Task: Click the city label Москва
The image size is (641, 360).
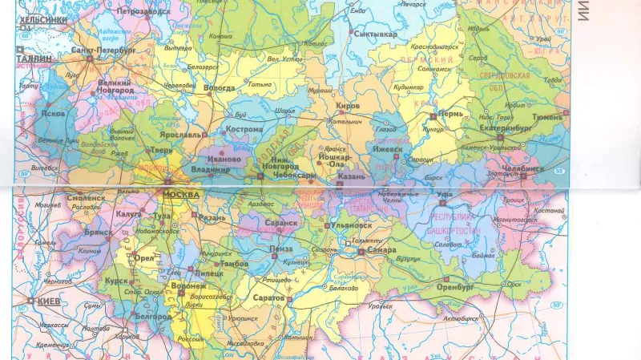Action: pos(180,195)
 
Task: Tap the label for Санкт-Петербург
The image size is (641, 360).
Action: pos(103,50)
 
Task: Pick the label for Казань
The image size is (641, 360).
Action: pos(351,176)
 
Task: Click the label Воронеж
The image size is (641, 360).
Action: pos(189,285)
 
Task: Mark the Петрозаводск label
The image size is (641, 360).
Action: pos(143,12)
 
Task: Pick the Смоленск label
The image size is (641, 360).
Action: pos(87,197)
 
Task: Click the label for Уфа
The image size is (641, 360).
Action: pos(445,194)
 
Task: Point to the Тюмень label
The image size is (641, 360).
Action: pos(547,117)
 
